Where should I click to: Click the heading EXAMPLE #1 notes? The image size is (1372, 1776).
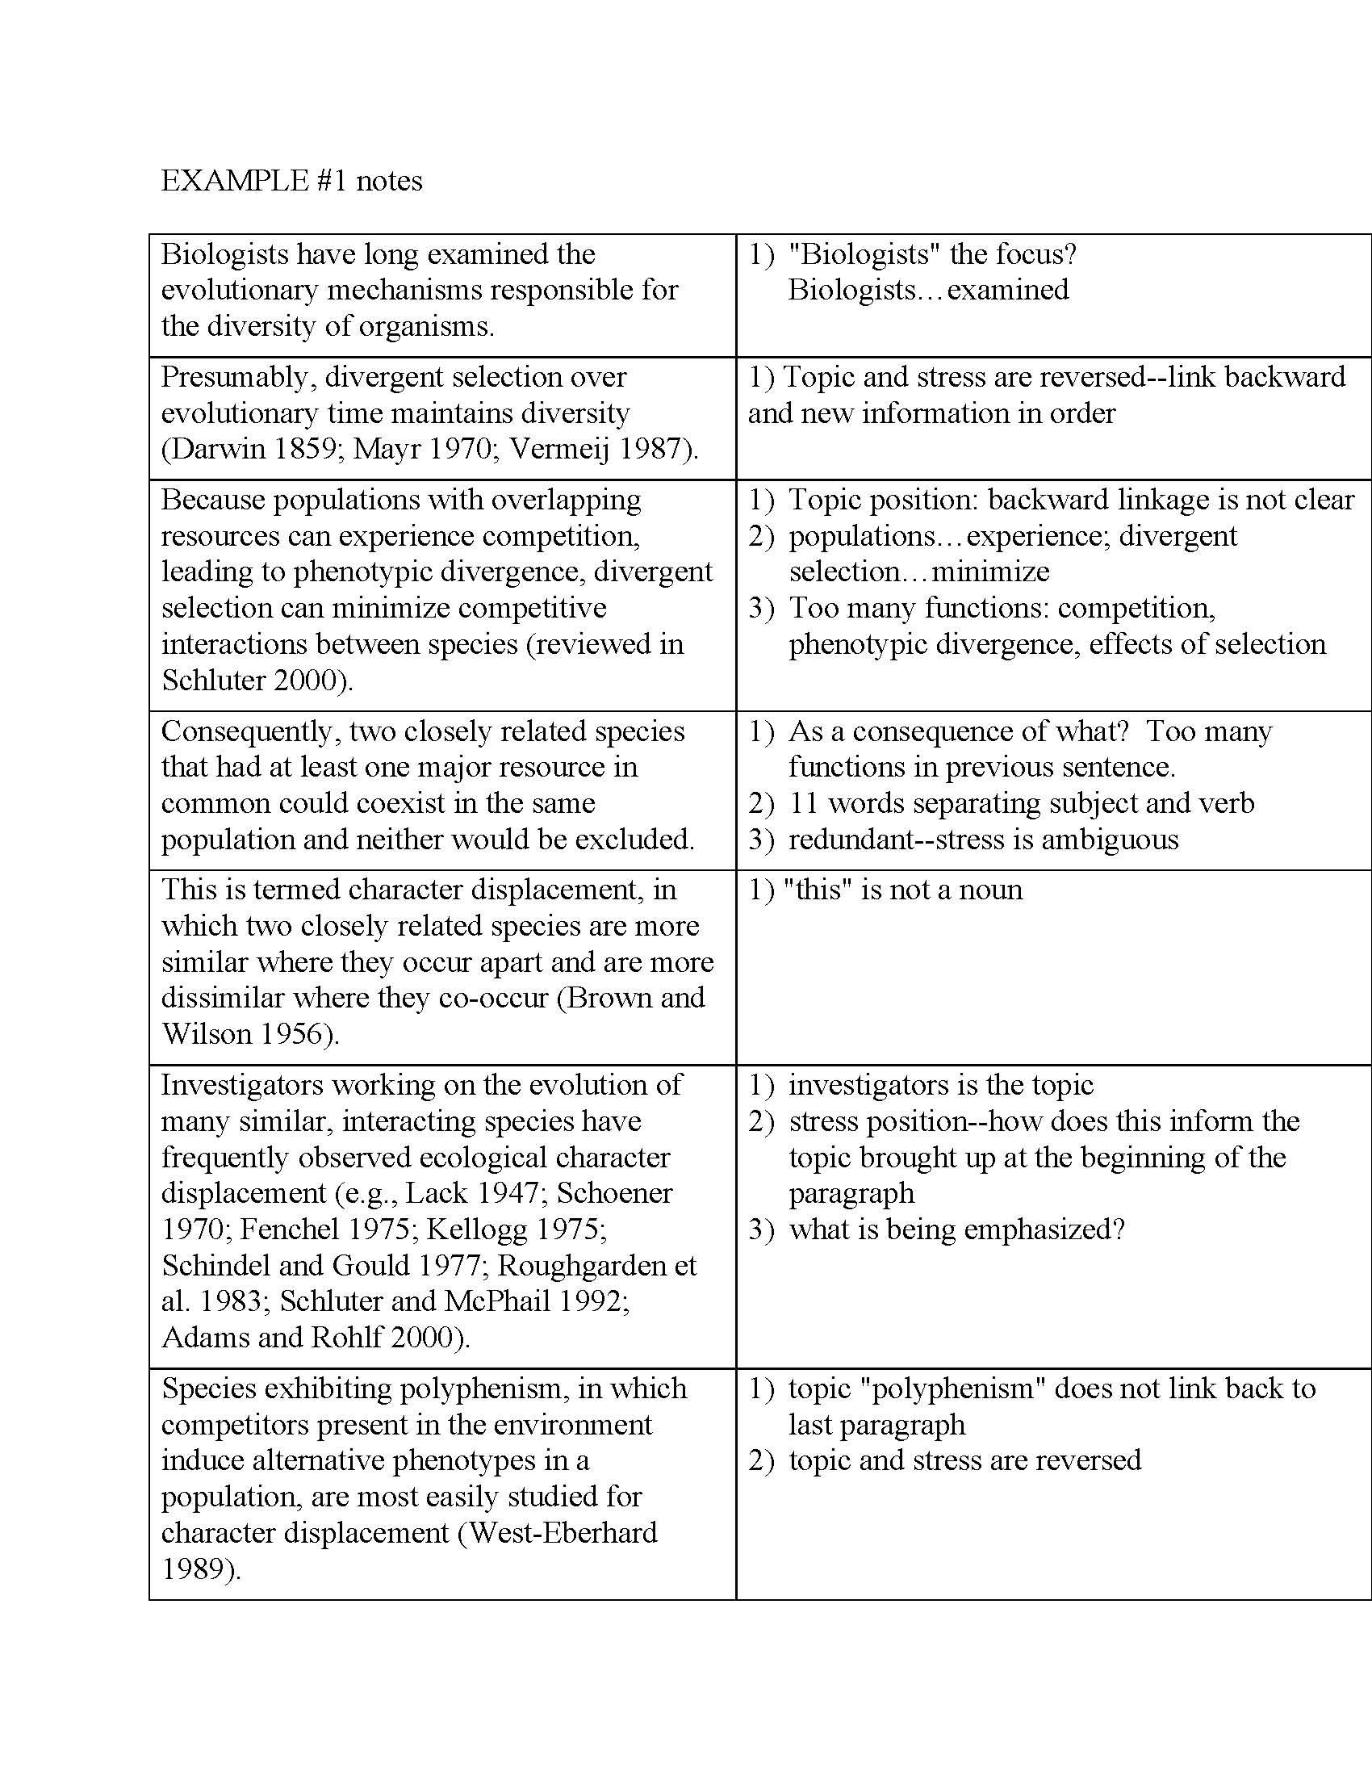291,180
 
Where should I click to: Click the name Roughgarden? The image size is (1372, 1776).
584,1265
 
